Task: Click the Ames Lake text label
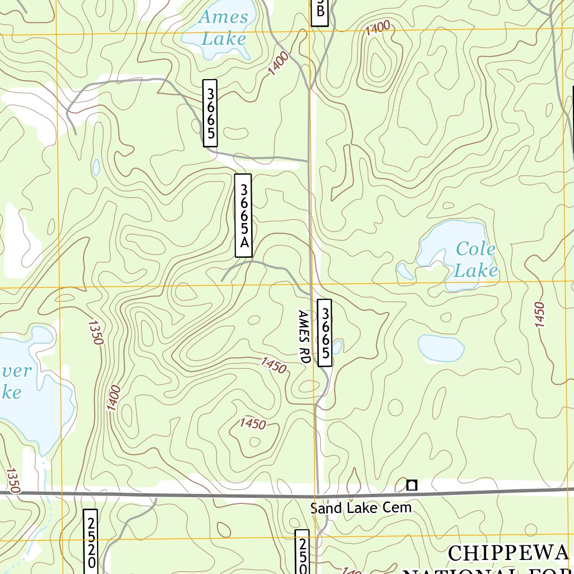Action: [223, 27]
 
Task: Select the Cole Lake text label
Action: [475, 260]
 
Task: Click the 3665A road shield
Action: [243, 216]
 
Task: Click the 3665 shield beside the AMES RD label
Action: [325, 333]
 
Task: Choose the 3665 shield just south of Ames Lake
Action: [210, 113]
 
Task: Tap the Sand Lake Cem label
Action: [361, 508]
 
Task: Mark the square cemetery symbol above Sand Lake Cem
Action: [412, 485]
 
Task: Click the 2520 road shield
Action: [90, 541]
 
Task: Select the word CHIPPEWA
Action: [508, 553]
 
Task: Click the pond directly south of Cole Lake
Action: [441, 348]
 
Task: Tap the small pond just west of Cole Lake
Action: [404, 272]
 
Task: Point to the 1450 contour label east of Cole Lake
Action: [539, 315]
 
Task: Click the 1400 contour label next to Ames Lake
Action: [279, 63]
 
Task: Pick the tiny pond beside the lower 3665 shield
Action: [337, 348]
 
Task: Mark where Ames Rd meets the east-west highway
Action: [318, 495]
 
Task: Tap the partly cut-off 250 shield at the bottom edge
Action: [302, 552]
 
